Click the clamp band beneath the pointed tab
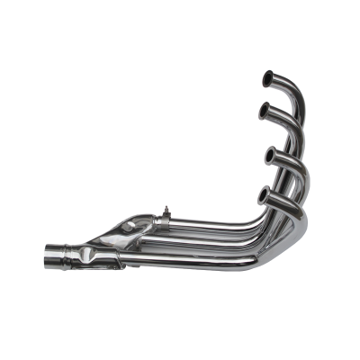pyautogui.click(x=168, y=225)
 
